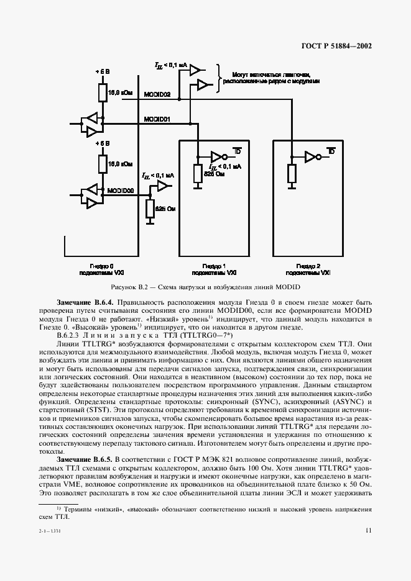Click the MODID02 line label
click(157, 94)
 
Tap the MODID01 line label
click(157, 119)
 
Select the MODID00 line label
click(121, 191)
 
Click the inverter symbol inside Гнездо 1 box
click(218, 156)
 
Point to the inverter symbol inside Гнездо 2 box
click(311, 156)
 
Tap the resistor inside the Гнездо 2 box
click(290, 174)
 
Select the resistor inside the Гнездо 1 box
click(196, 174)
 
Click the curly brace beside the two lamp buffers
click(219, 77)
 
